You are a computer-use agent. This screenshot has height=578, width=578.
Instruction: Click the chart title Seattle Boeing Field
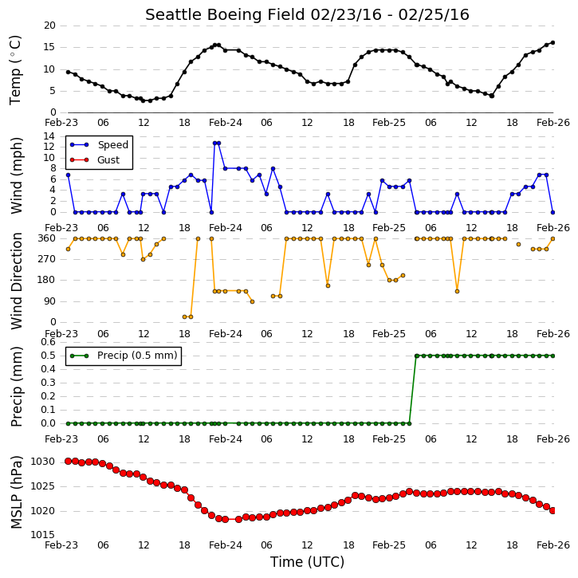[x=225, y=14]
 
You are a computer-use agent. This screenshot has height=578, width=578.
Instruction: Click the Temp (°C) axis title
[x=15, y=70]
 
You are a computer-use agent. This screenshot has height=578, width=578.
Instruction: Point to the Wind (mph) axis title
[x=16, y=175]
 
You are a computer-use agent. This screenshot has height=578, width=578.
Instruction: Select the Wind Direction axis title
[x=16, y=281]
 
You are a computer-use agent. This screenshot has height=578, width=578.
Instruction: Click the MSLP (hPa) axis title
[x=16, y=492]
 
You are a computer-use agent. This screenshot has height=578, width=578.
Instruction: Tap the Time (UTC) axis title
[x=307, y=562]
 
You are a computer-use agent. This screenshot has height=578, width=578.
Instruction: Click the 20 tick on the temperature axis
[x=49, y=26]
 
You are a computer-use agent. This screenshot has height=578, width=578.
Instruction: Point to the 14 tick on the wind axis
[x=49, y=136]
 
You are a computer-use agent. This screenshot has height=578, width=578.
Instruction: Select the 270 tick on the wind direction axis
[x=47, y=259]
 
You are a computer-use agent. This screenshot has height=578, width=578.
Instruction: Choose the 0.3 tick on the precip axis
[x=49, y=383]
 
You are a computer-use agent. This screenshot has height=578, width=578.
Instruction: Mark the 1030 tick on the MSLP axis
[x=42, y=462]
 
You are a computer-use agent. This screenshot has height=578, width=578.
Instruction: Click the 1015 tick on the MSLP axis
[x=42, y=535]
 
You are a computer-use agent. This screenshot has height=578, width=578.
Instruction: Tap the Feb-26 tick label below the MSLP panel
[x=553, y=545]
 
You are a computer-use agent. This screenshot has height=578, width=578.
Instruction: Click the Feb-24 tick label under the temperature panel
[x=226, y=123]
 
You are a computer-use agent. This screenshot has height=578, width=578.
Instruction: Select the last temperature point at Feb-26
[x=552, y=43]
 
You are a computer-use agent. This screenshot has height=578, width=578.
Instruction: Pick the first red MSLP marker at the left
[x=68, y=461]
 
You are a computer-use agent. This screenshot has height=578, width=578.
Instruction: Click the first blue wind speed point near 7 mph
[x=68, y=175]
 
